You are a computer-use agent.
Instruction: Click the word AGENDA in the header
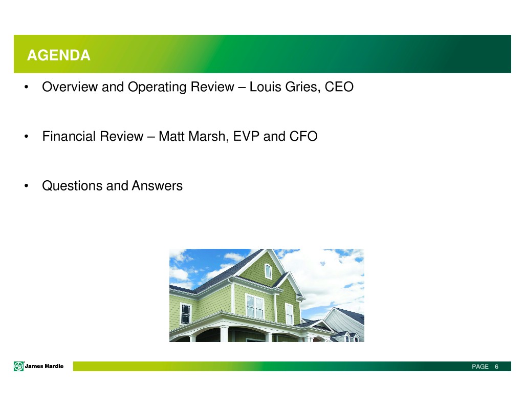[x=58, y=55]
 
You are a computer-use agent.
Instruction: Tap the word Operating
[x=157, y=88]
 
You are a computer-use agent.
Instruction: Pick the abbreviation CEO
[x=339, y=87]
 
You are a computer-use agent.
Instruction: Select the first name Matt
[x=171, y=136]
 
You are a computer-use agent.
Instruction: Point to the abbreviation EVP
[x=246, y=136]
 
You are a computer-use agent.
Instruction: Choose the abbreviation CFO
[x=303, y=136]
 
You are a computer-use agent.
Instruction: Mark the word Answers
[x=157, y=186]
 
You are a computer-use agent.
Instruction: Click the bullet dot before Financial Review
[x=27, y=136]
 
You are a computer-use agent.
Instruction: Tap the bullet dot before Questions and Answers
[x=27, y=186]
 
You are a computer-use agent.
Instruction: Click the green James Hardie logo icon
[x=19, y=366]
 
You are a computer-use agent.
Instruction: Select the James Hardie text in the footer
[x=44, y=366]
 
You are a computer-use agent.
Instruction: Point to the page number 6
[x=496, y=367]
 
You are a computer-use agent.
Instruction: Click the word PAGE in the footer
[x=480, y=367]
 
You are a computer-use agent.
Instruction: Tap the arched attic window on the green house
[x=268, y=271]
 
